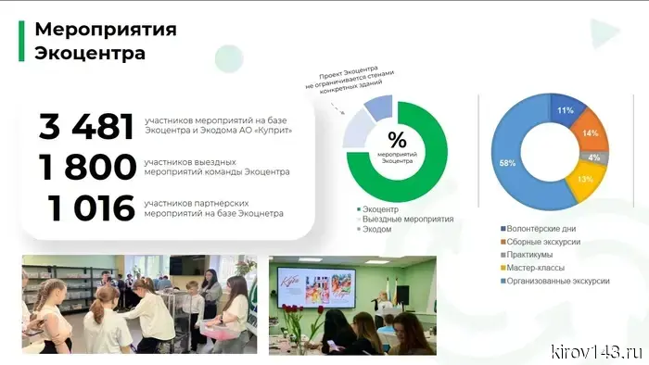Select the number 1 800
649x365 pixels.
(x=87, y=168)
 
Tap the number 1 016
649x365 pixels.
(x=92, y=208)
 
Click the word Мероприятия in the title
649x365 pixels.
(x=105, y=28)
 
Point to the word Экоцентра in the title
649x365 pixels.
(x=89, y=53)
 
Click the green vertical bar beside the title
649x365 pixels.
(x=21, y=41)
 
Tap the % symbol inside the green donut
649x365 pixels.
(x=397, y=141)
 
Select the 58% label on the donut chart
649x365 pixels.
(x=507, y=162)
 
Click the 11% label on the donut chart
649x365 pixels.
(x=565, y=110)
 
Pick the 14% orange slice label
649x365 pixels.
(x=591, y=133)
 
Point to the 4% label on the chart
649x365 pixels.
(x=593, y=157)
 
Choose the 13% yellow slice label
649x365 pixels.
(x=585, y=179)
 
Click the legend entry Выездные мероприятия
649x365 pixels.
(x=407, y=220)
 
